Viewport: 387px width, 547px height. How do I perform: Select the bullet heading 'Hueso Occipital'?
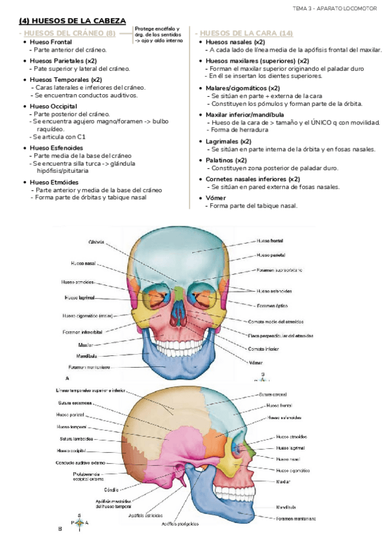54,106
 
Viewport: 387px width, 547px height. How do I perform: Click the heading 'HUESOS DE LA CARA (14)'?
246,33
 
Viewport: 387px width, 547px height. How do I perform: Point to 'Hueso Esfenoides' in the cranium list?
56,147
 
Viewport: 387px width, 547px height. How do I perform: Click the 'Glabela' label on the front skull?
98,242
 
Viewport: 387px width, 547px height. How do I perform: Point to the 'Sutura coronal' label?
273,394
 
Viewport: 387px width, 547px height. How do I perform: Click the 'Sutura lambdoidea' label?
75,439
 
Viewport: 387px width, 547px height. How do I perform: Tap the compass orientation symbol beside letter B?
79,522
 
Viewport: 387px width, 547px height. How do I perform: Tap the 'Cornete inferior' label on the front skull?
263,349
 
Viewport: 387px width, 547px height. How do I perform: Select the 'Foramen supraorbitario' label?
279,270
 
